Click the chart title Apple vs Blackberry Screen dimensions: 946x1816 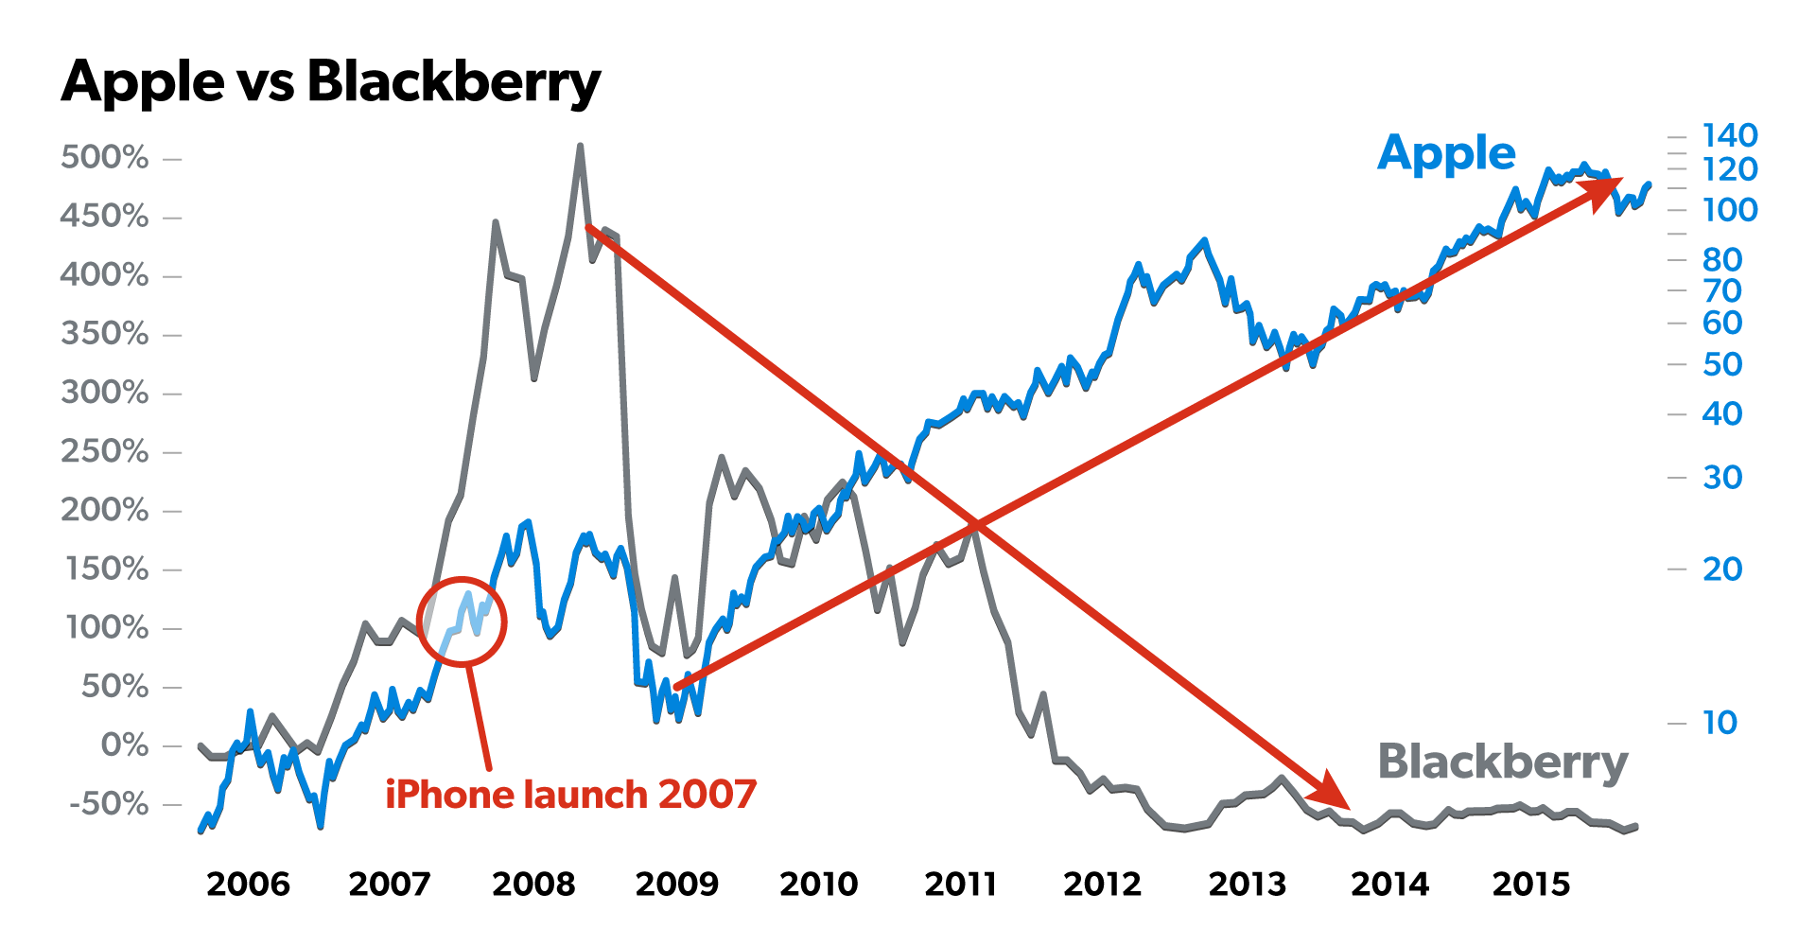[331, 81]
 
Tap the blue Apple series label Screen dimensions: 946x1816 [1446, 153]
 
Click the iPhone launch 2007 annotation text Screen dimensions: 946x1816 [571, 795]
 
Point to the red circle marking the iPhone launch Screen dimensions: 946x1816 [463, 622]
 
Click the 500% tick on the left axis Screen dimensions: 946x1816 [105, 157]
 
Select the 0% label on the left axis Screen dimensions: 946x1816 [125, 745]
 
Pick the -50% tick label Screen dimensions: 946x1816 [109, 804]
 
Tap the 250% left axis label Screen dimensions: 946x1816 [105, 451]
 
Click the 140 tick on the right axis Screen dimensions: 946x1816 [1730, 135]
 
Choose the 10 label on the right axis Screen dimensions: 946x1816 [1720, 723]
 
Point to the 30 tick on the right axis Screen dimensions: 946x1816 [1722, 478]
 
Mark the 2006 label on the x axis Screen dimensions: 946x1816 [248, 885]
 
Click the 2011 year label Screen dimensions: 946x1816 [960, 885]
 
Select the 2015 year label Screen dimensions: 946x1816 [1530, 885]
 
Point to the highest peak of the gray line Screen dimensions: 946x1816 [580, 147]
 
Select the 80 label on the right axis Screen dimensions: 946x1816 [1722, 259]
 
